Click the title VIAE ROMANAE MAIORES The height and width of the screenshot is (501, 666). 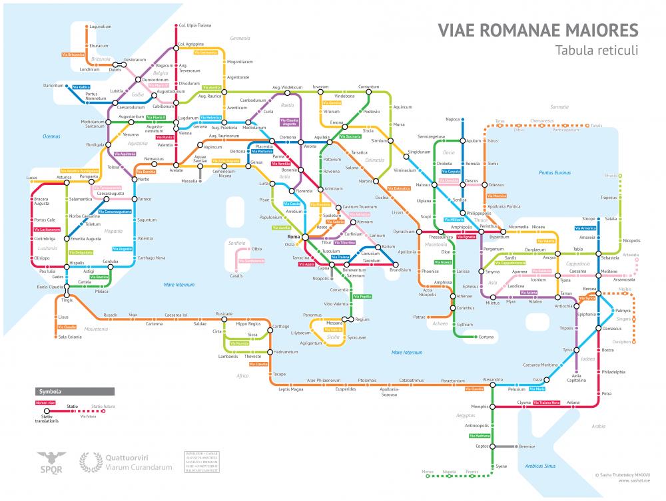coord(537,31)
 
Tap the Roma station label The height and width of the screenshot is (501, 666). coord(294,237)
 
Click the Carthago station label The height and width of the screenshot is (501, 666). coord(280,326)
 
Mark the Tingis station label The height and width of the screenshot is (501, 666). coord(67,300)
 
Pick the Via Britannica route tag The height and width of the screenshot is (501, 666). coord(73,53)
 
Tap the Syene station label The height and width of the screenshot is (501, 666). coord(501,466)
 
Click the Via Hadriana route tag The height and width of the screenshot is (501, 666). coord(480,435)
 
